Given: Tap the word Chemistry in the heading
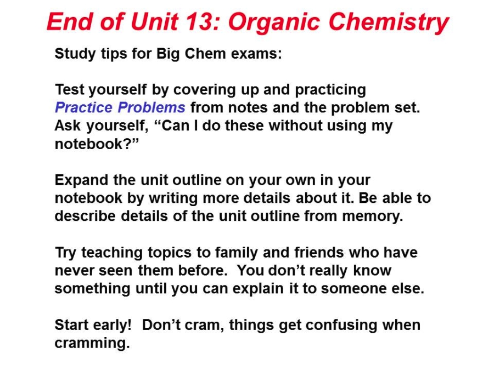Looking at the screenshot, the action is [389, 22].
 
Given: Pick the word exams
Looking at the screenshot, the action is [256, 54].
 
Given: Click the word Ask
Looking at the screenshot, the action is [68, 126].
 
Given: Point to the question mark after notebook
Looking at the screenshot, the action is [127, 144].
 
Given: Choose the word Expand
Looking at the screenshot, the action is [82, 180].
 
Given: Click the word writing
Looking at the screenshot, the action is [173, 198].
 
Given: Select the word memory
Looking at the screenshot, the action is [372, 217].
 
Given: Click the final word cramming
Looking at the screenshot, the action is [92, 344].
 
